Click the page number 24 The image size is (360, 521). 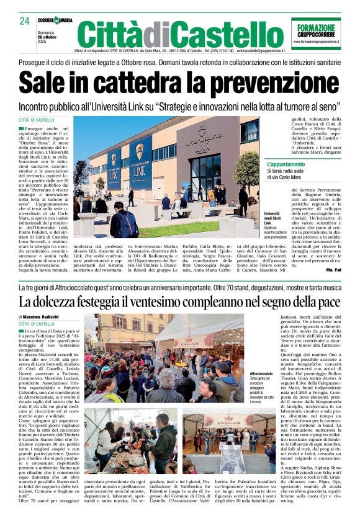pos(25,21)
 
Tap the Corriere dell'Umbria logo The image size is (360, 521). pos(56,20)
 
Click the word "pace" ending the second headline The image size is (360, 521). pos(328,302)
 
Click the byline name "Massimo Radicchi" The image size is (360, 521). pos(46,317)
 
